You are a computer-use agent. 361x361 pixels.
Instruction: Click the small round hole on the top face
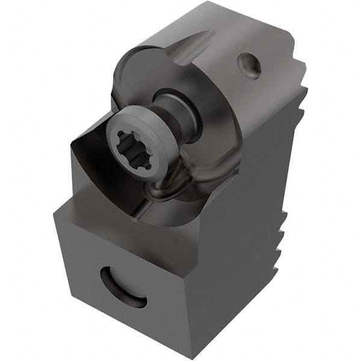[249, 65]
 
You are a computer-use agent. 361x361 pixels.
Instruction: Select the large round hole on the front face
[123, 287]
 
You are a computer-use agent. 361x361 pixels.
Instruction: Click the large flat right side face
[241, 229]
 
